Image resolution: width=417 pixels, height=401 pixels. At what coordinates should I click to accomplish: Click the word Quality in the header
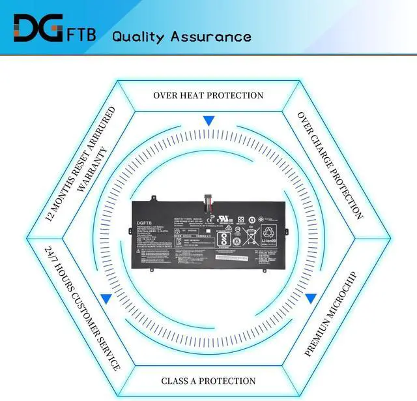click(x=140, y=37)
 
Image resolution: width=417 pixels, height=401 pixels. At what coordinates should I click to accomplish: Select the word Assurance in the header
click(x=211, y=37)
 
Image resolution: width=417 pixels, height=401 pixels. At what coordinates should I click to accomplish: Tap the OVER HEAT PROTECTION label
click(x=208, y=96)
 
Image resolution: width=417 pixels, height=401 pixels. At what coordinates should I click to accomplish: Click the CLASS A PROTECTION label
click(x=208, y=381)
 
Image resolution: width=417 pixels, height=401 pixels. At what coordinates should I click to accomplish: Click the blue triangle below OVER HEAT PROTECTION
click(x=208, y=121)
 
